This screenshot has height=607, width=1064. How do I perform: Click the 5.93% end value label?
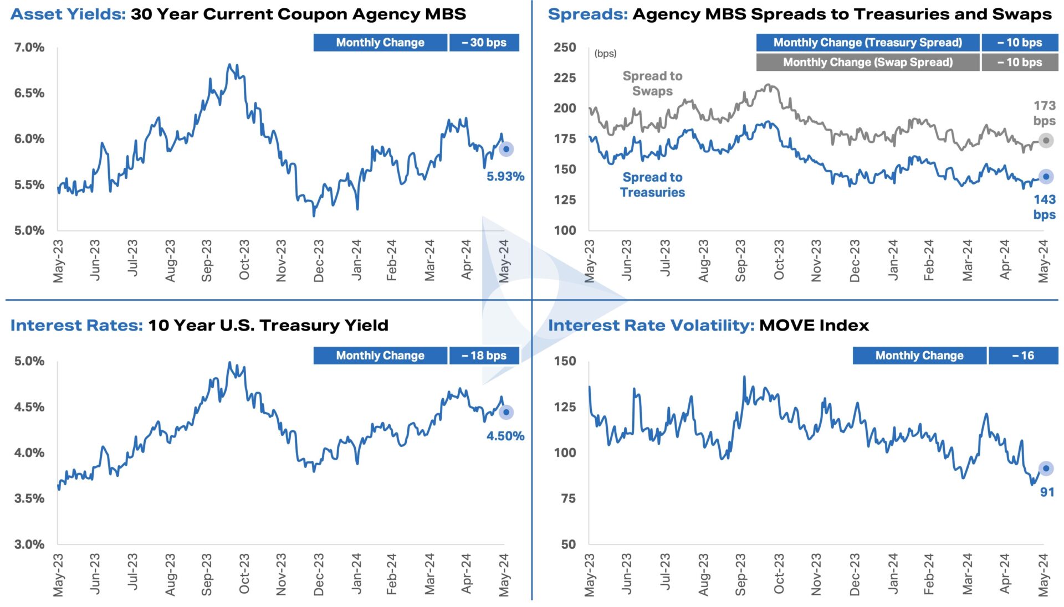[x=505, y=177]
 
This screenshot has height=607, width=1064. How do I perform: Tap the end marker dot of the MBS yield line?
[x=506, y=149]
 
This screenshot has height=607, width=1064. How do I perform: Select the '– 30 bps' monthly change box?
[x=484, y=43]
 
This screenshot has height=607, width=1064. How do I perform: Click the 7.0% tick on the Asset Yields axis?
[x=29, y=48]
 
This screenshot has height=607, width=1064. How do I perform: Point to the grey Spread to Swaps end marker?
[x=1046, y=141]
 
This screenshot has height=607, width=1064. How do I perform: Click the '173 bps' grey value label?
[x=1044, y=113]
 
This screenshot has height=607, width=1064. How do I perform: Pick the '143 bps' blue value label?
[x=1044, y=207]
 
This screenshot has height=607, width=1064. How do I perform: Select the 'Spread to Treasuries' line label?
[x=652, y=184]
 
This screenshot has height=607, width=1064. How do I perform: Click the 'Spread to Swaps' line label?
[x=652, y=84]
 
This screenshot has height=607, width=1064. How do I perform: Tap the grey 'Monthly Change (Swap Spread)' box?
[x=867, y=63]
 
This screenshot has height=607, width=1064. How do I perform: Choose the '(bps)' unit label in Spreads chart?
[x=605, y=54]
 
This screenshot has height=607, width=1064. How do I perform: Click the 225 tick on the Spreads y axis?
[x=565, y=78]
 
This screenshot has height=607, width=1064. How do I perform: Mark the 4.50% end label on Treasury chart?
[x=505, y=436]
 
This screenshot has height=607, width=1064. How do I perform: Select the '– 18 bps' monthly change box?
[x=484, y=356]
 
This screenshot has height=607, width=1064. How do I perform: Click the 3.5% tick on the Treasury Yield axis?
[x=29, y=498]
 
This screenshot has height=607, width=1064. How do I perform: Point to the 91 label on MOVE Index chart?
[x=1046, y=492]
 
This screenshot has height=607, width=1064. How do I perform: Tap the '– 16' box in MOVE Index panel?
[x=1023, y=356]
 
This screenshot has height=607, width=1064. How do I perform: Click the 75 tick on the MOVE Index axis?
[x=568, y=498]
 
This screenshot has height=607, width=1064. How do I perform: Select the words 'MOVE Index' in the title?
[x=814, y=325]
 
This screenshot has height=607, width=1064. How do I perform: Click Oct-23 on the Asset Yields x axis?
[x=244, y=260]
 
